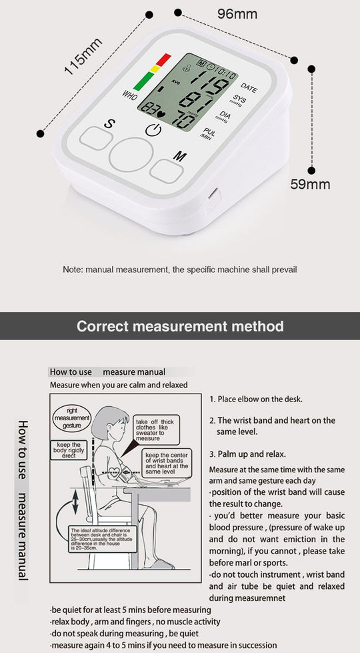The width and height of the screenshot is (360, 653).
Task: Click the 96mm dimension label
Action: [x=237, y=14]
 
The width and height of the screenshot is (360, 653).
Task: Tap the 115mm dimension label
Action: [x=83, y=57]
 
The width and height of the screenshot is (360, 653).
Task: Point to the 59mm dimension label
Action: [x=310, y=183]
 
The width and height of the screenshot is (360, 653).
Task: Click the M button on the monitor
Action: [x=167, y=169]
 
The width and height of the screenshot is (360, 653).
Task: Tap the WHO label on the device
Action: [x=130, y=95]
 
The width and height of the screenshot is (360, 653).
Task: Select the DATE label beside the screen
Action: [x=249, y=88]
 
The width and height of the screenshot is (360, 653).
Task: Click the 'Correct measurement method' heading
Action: [x=180, y=326]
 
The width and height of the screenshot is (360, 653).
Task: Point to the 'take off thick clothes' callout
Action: [x=156, y=430]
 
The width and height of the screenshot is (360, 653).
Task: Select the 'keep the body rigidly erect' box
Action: [x=68, y=450]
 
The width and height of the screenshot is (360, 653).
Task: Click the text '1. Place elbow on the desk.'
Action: [x=256, y=399]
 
